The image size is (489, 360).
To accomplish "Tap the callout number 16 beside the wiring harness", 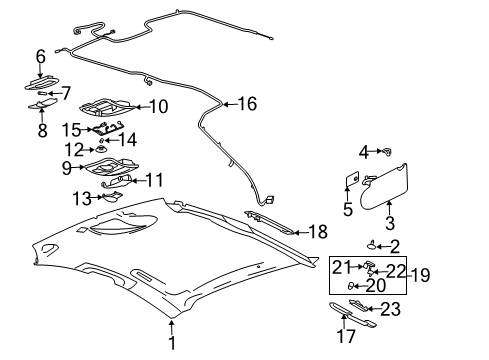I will tap(246, 102).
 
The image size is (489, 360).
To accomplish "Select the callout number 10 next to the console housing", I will tap(159, 105).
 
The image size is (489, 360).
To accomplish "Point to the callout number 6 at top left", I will tap(41, 57).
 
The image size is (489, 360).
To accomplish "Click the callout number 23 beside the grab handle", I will tap(389, 309).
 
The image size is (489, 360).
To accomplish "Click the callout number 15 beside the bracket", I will tap(70, 129).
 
